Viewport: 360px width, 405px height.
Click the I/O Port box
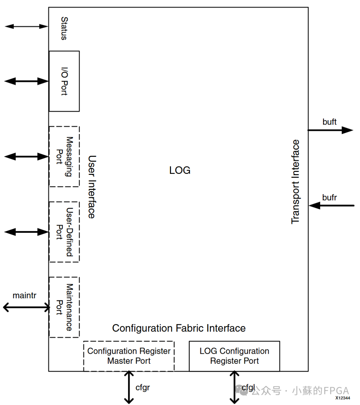click(x=64, y=81)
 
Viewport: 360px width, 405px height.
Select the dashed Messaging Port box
click(x=64, y=157)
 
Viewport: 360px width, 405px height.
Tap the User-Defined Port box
click(x=64, y=232)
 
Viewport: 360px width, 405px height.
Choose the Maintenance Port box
click(x=64, y=307)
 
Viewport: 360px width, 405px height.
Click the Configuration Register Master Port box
click(x=129, y=356)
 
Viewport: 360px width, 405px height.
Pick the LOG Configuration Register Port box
click(x=234, y=356)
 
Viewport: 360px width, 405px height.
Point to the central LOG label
click(x=180, y=170)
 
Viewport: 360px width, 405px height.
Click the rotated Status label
click(x=64, y=29)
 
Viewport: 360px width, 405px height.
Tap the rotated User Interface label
click(x=92, y=187)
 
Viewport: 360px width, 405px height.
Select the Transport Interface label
click(x=295, y=182)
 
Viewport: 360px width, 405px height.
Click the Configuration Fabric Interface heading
click(x=179, y=328)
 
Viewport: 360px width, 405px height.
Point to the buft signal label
click(x=329, y=122)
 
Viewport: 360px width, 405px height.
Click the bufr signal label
click(x=329, y=198)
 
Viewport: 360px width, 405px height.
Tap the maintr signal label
click(x=24, y=295)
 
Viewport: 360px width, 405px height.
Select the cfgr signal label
click(x=143, y=388)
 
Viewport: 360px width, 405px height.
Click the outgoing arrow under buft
click(x=330, y=130)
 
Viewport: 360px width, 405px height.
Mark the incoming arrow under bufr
click(x=331, y=206)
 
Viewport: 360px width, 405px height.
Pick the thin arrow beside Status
click(x=27, y=26)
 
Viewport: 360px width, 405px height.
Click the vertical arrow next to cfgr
click(x=129, y=387)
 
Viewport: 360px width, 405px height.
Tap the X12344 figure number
click(x=342, y=398)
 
